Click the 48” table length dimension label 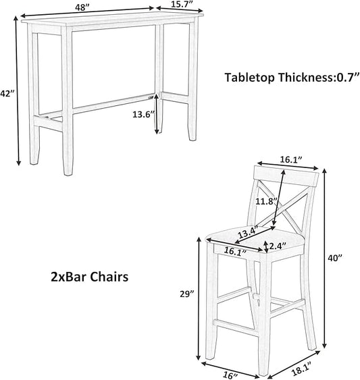tap(82, 7)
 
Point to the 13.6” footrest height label tap(143, 114)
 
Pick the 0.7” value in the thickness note tap(347, 78)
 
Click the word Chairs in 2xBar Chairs tap(109, 277)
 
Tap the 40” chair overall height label tap(335, 259)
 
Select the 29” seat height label tap(187, 294)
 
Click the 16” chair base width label tap(230, 375)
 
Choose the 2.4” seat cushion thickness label tap(278, 246)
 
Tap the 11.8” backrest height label tap(267, 201)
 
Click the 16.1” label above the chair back tap(291, 159)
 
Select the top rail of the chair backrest tap(286, 175)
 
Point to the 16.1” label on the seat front tap(235, 251)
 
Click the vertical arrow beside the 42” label tap(18, 90)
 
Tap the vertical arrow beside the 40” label tap(324, 259)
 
